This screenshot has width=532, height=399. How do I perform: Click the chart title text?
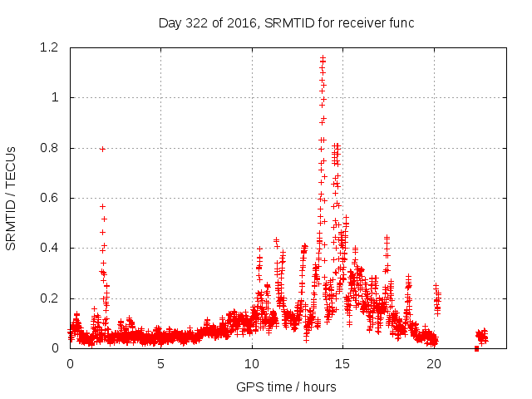tap(286, 22)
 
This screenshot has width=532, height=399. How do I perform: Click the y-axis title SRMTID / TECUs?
tap(12, 198)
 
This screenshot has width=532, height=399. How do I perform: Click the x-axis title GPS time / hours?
tap(286, 387)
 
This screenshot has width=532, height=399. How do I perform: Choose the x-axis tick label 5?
tap(161, 363)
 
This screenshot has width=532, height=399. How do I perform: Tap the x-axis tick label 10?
tap(252, 363)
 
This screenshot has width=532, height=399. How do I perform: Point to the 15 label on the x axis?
tap(343, 363)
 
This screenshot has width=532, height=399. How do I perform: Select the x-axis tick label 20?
tap(434, 363)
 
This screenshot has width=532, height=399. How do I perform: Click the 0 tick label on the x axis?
tap(70, 363)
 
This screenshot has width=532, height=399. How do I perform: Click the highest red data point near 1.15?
tap(323, 58)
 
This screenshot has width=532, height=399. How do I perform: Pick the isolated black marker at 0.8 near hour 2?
tap(102, 149)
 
